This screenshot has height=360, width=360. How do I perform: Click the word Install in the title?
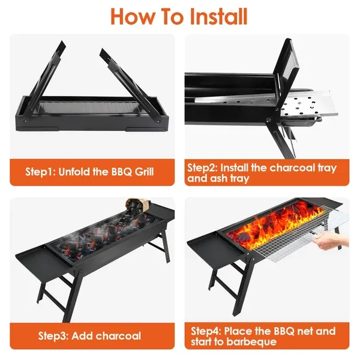(x=218, y=17)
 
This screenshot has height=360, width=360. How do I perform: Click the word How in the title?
(x=133, y=17)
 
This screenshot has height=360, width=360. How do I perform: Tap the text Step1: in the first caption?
(x=40, y=172)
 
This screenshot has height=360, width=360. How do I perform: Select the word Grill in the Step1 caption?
(x=144, y=172)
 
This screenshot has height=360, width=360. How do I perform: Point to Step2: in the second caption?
(x=202, y=168)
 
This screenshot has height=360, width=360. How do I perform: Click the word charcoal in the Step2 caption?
(x=292, y=167)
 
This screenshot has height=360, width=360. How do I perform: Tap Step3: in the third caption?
(x=53, y=336)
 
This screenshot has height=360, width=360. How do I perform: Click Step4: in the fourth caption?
(x=206, y=332)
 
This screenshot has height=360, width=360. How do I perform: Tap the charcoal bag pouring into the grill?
(x=138, y=206)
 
